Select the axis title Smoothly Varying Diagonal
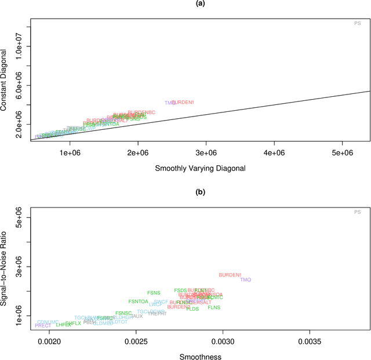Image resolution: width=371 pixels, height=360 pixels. click(x=200, y=168)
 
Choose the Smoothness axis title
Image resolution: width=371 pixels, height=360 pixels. click(x=200, y=357)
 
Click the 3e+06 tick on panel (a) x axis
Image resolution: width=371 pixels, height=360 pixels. click(x=206, y=152)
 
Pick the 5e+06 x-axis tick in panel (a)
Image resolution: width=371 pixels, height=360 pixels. click(x=342, y=152)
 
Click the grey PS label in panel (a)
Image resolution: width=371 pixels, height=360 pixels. click(x=357, y=23)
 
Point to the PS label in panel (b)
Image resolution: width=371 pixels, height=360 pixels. click(x=357, y=212)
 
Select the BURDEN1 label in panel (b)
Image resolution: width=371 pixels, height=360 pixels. click(x=230, y=275)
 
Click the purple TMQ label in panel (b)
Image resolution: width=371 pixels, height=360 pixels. click(x=246, y=279)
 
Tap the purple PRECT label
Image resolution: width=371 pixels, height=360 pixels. click(x=43, y=326)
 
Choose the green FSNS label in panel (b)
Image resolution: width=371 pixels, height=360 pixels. click(x=154, y=293)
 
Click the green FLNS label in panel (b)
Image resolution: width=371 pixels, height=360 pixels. click(x=214, y=307)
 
